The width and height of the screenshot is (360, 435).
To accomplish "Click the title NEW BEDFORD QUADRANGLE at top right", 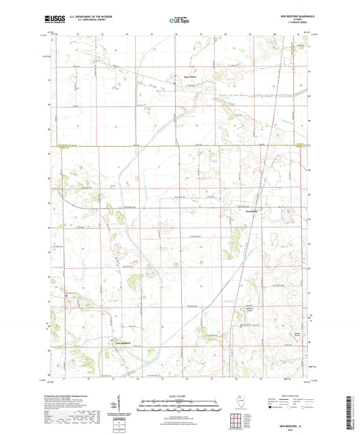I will click(288, 16).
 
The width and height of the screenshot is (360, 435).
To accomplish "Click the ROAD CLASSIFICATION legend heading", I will click(294, 396).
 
